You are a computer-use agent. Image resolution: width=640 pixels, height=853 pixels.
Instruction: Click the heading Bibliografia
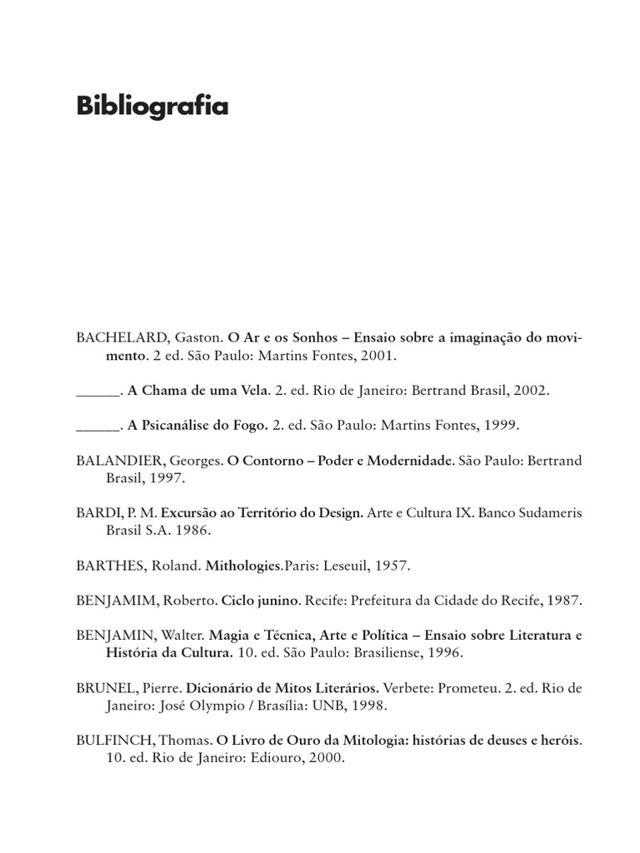point(152,107)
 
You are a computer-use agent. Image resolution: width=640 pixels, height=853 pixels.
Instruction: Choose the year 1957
point(390,565)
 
